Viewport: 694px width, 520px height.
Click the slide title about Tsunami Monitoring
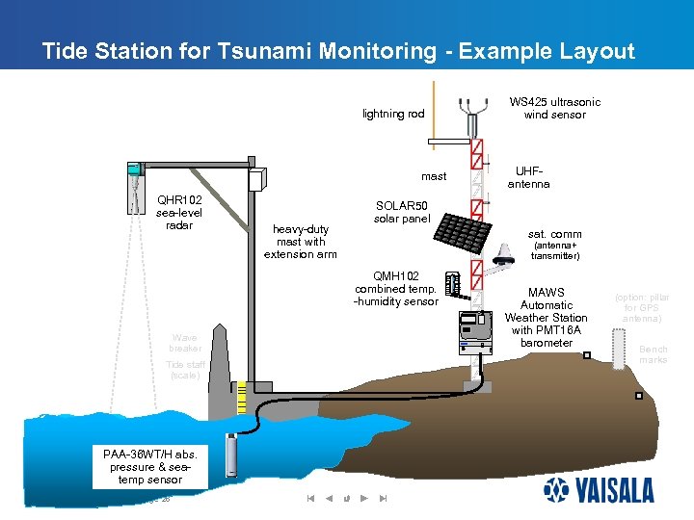tap(338, 52)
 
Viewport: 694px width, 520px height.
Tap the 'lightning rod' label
tap(393, 114)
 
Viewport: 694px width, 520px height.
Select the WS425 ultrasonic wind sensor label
tap(554, 108)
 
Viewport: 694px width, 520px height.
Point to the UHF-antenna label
tap(528, 176)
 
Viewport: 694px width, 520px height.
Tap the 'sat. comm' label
tap(554, 234)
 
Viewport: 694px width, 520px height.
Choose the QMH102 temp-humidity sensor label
tap(395, 289)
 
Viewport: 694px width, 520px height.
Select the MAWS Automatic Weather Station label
tap(546, 318)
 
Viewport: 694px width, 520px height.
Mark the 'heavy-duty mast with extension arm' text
tap(301, 242)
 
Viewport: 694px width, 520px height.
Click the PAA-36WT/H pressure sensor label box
tap(149, 466)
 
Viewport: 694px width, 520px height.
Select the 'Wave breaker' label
tap(184, 343)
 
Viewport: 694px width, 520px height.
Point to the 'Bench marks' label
tap(653, 355)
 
